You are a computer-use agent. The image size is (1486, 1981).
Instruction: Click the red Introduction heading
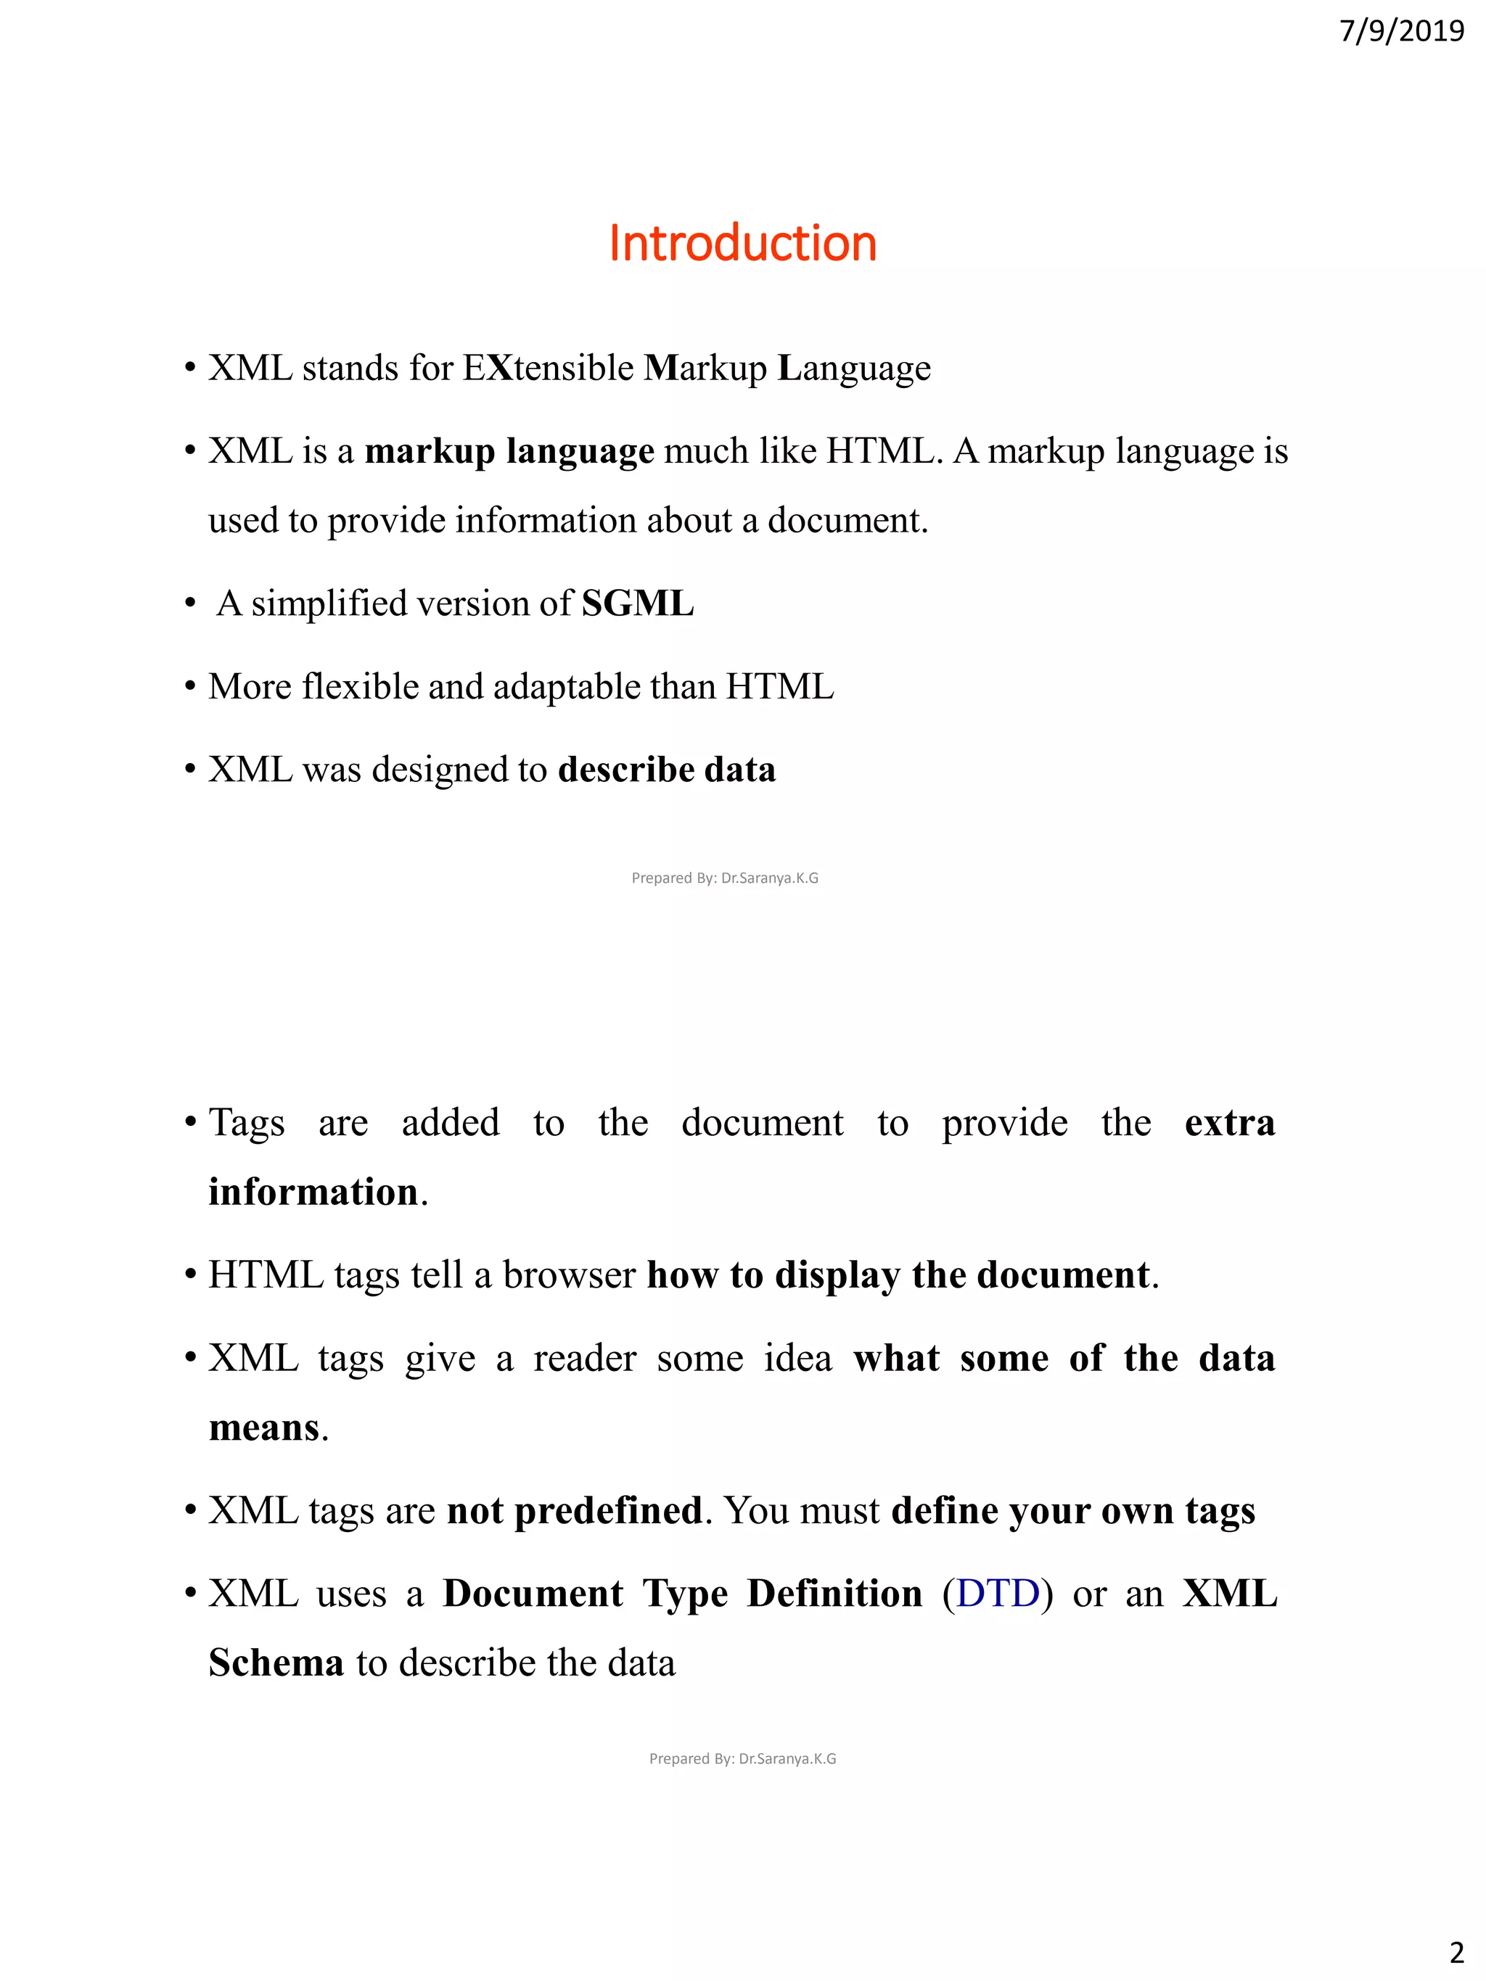(742, 244)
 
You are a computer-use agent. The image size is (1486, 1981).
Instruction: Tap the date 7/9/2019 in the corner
(1401, 31)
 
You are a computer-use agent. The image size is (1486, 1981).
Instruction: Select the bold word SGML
(638, 604)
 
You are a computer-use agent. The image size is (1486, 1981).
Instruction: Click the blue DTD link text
(998, 1594)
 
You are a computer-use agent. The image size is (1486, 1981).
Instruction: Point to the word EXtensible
(549, 368)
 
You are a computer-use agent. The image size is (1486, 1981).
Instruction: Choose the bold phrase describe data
(666, 770)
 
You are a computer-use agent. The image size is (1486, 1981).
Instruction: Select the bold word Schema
(276, 1663)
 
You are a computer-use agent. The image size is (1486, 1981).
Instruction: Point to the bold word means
(263, 1428)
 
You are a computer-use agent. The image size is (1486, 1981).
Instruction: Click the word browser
(569, 1275)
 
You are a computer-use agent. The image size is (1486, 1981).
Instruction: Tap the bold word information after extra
(313, 1192)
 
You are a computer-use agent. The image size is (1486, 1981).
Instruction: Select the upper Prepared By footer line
(725, 878)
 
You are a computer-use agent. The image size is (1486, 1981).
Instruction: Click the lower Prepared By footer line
(742, 1758)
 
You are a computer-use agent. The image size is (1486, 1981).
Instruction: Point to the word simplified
(329, 604)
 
